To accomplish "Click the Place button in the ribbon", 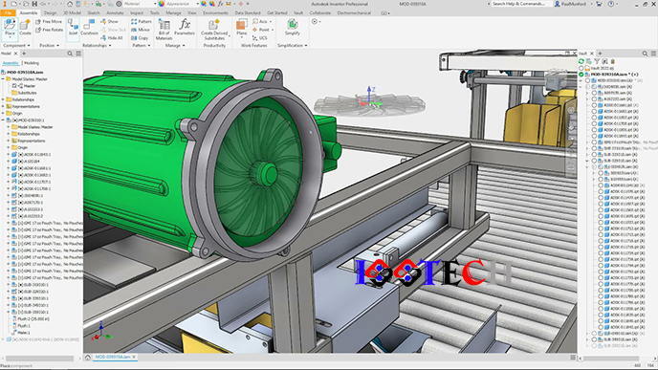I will [x=10, y=30].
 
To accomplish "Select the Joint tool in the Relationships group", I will [x=72, y=29].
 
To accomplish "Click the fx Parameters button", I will [x=186, y=28].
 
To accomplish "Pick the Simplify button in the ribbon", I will [x=292, y=29].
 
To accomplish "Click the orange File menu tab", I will [x=8, y=13].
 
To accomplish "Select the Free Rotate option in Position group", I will [x=52, y=29].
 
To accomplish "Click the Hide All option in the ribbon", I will [x=113, y=36].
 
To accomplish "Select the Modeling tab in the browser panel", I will [x=32, y=62].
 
